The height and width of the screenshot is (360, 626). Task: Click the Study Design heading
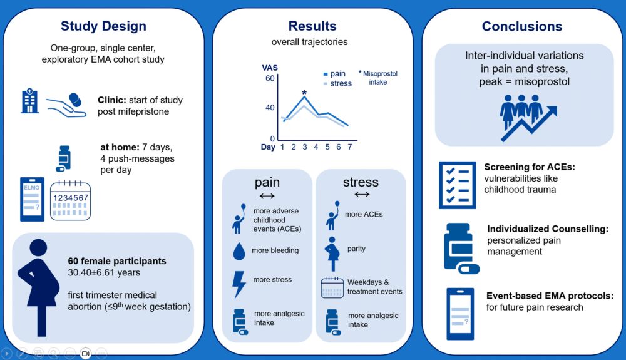[103, 26]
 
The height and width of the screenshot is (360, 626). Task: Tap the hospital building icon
[30, 100]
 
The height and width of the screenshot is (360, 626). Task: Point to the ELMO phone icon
[32, 199]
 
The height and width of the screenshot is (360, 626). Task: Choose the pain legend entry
[334, 74]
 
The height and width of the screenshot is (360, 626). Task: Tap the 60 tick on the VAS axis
[270, 78]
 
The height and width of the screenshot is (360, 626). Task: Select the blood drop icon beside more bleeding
[239, 251]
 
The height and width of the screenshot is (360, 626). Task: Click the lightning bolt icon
[239, 284]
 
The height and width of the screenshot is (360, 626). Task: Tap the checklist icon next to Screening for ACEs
[458, 185]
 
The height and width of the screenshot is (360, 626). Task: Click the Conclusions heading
[521, 26]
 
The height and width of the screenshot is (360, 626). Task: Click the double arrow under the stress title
[361, 195]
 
